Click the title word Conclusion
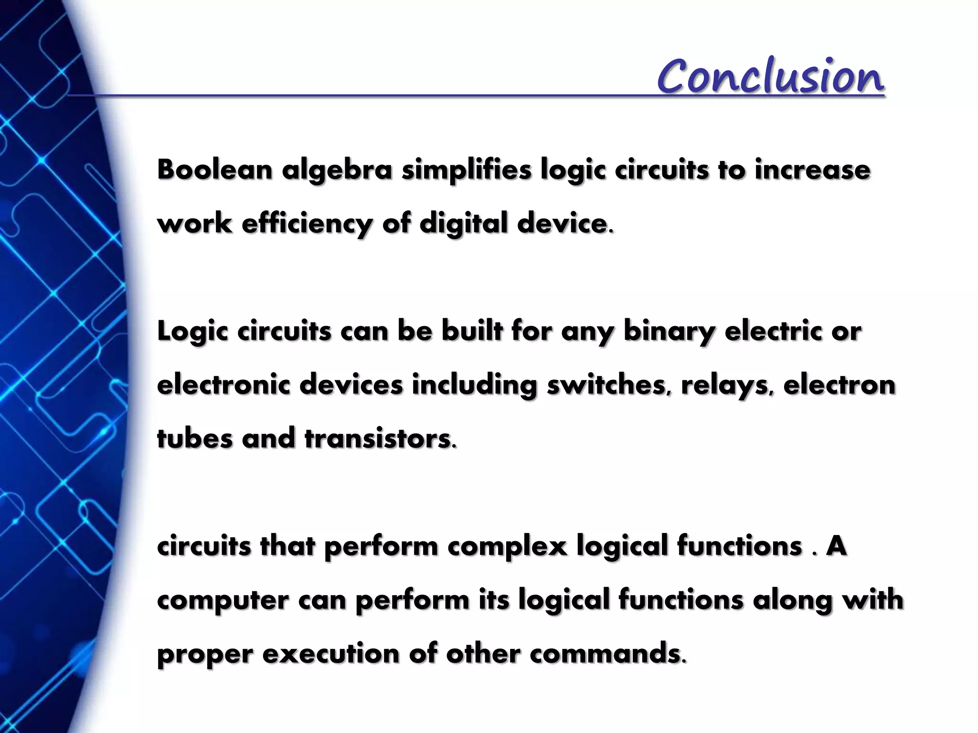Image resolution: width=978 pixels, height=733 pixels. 770,76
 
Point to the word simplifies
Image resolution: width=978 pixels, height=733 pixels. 466,171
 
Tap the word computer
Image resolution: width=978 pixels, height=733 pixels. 223,600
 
